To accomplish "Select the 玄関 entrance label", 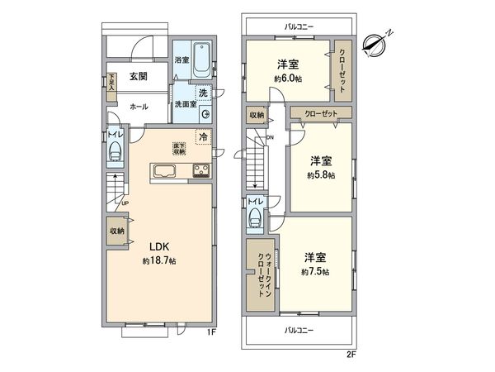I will click(138, 77).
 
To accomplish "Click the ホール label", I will click(139, 107).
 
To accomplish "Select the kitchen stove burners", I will click(200, 172).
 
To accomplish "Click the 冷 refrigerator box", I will click(201, 137).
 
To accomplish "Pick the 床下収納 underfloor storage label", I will click(178, 149).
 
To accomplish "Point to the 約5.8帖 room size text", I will click(320, 175).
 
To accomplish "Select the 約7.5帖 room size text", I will click(315, 271).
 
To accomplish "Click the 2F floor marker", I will click(351, 353).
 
